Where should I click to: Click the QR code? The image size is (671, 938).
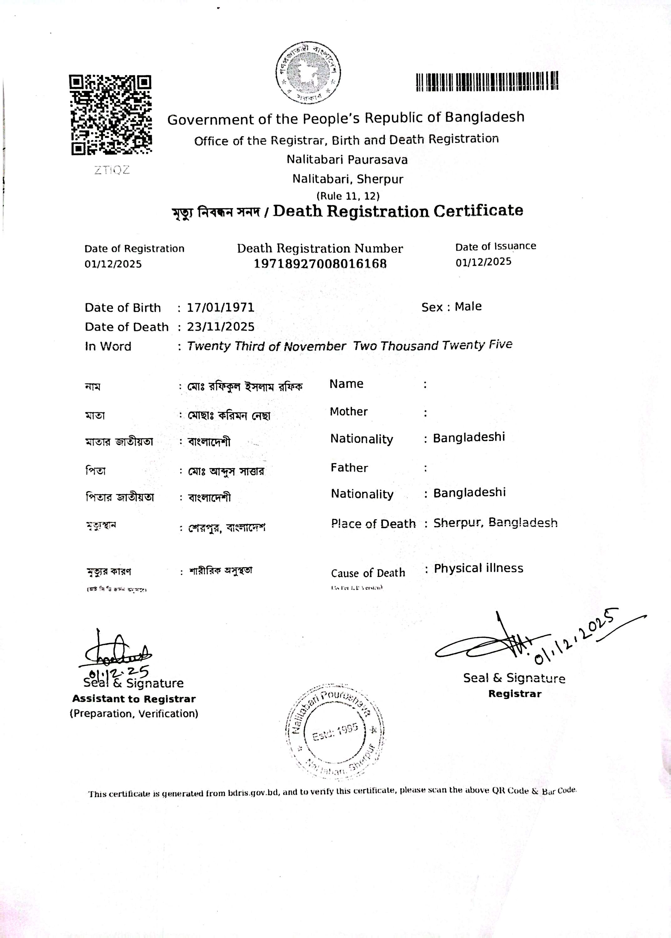click(x=110, y=115)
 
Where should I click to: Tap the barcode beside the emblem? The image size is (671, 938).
click(x=487, y=81)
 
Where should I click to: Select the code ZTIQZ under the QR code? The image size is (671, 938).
click(x=112, y=170)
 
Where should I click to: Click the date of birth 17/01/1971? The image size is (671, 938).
click(x=221, y=308)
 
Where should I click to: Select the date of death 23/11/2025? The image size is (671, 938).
click(x=221, y=327)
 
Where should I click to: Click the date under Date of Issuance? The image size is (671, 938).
click(x=483, y=262)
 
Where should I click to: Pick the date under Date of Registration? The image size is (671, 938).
click(x=113, y=264)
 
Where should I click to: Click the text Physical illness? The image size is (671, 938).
click(x=479, y=568)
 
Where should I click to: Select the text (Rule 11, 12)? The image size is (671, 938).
click(x=348, y=196)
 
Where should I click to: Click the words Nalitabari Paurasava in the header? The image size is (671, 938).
click(x=347, y=160)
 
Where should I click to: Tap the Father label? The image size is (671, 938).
click(x=349, y=468)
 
